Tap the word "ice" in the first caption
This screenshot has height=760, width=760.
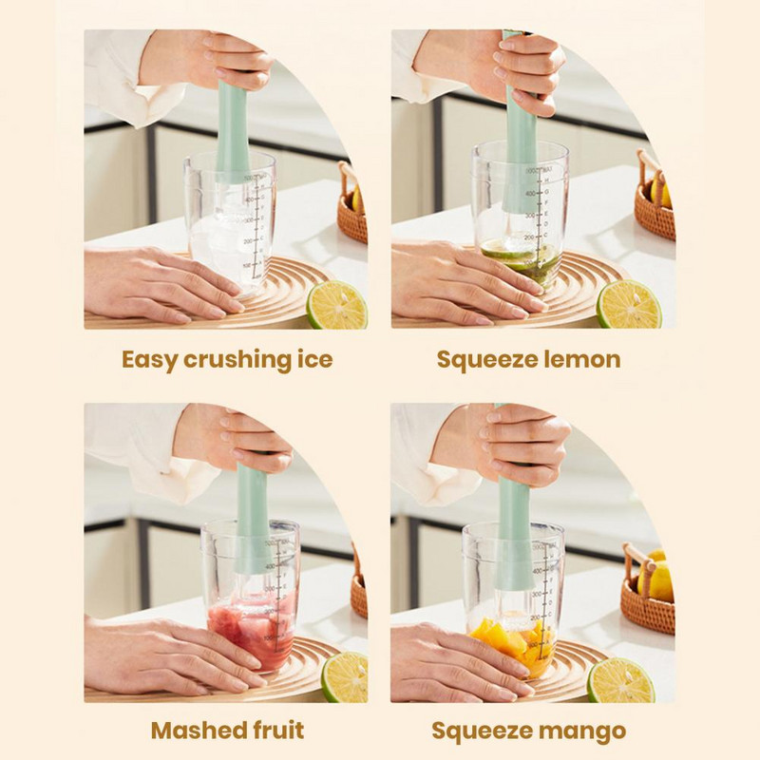click(x=313, y=360)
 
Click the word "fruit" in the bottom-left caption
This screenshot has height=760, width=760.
click(x=276, y=731)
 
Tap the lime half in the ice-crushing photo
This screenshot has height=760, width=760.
click(x=336, y=305)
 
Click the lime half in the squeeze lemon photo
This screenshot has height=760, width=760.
click(x=629, y=305)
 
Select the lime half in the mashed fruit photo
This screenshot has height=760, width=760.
click(x=344, y=678)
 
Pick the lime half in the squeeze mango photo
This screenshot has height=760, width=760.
click(x=619, y=680)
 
